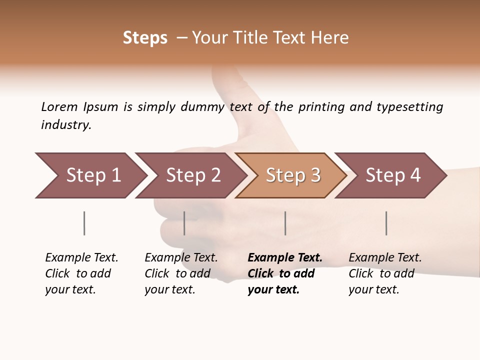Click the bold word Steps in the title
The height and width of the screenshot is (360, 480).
click(145, 38)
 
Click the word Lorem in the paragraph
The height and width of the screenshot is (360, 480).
click(59, 106)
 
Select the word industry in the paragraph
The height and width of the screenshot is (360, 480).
click(65, 125)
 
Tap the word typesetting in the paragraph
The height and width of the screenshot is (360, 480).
click(409, 107)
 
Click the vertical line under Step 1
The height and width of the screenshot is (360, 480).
click(84, 223)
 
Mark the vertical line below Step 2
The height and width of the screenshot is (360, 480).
click(184, 223)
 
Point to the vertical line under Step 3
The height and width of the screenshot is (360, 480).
click(285, 223)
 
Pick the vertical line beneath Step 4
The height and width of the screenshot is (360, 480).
click(386, 223)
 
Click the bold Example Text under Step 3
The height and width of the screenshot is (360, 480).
click(285, 258)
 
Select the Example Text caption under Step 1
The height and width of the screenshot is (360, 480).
click(81, 258)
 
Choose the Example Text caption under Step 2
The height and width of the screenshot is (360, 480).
click(181, 258)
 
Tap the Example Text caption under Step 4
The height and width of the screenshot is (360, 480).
click(385, 258)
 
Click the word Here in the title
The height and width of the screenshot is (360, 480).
click(330, 38)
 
